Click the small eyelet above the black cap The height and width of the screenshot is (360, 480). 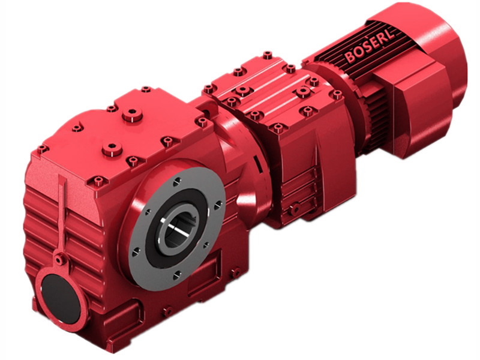coord(59,260)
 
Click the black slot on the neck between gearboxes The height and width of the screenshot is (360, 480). coord(256,163)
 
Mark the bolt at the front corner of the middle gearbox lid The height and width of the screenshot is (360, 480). coord(277,127)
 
